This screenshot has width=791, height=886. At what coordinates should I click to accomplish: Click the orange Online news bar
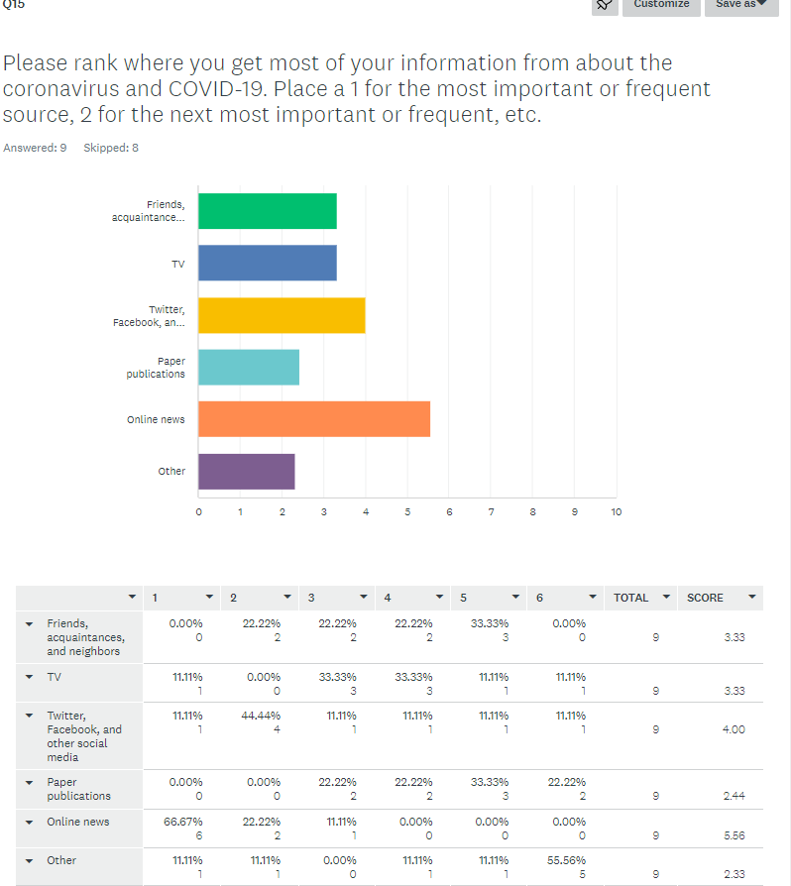coord(314,419)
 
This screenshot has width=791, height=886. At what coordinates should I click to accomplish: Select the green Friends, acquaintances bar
coord(268,211)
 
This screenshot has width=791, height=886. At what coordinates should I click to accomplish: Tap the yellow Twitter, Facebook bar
coord(282,315)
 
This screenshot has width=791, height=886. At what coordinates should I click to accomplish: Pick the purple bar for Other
coord(247,471)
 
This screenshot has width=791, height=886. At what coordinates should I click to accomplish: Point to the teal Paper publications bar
coord(249,367)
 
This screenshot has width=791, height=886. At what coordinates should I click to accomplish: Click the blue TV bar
coord(268,263)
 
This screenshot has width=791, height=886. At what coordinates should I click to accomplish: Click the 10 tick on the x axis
coord(616,512)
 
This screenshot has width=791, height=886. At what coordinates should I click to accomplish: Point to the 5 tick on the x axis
coord(407,512)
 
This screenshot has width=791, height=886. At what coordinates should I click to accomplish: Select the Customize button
coord(661,5)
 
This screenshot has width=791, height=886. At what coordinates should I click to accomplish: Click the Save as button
coord(741,5)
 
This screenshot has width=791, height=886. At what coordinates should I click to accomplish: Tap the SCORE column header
coord(705,598)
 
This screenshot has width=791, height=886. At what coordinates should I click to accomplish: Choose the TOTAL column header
coord(630,598)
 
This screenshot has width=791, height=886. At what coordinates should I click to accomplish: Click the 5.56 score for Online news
coord(734,835)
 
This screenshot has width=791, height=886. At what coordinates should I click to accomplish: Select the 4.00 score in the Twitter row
coord(734,729)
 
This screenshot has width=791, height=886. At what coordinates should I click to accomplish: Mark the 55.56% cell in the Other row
coord(568,860)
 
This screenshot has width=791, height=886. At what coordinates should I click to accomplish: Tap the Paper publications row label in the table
coord(78,789)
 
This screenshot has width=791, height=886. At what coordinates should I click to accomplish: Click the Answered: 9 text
coord(35,148)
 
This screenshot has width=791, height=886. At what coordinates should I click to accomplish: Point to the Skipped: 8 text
coord(111,148)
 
